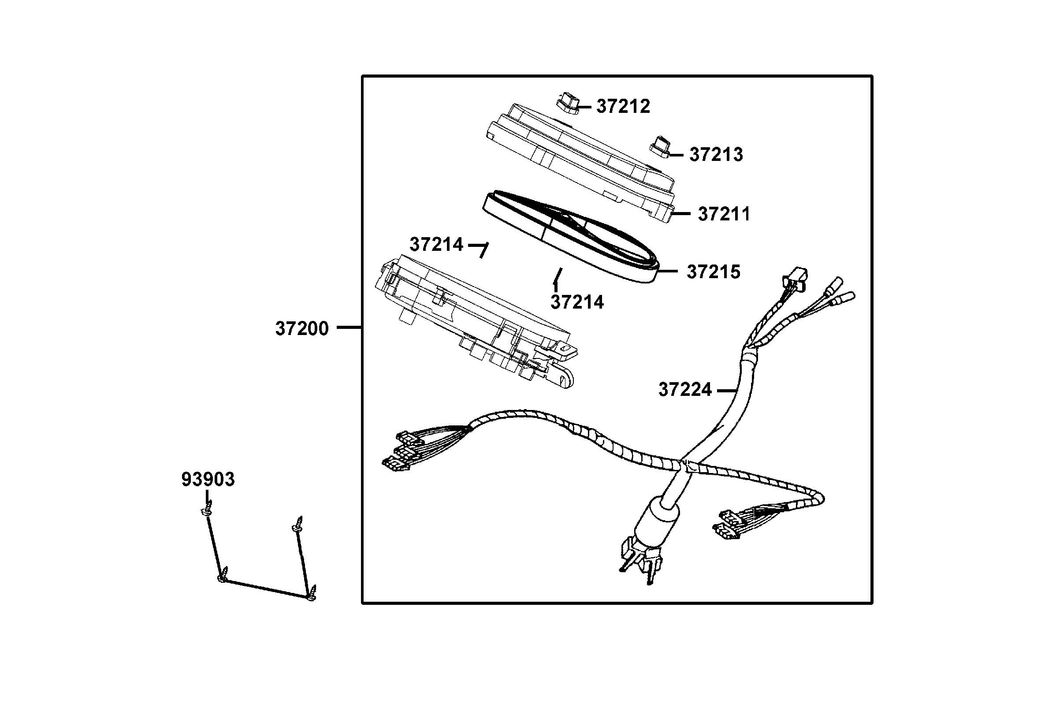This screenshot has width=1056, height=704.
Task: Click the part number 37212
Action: (623, 107)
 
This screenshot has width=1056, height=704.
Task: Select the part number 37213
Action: (716, 154)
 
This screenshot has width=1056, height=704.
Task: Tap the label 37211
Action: (723, 214)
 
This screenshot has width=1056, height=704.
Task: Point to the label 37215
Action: (713, 272)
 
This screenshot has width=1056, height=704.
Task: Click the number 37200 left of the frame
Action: (302, 329)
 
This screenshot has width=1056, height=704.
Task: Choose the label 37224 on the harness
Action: (685, 390)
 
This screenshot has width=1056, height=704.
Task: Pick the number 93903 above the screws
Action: (208, 480)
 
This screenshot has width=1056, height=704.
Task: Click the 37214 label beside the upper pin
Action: (436, 245)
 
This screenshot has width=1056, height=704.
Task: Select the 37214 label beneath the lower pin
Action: (577, 302)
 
